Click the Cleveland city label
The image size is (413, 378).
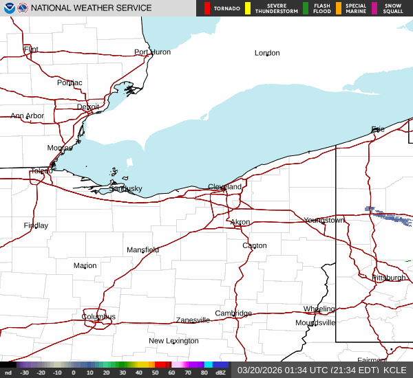(x=225, y=187)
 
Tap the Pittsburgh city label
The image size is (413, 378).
(x=389, y=278)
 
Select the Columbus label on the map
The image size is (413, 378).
(x=98, y=317)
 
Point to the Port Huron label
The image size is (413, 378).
(x=152, y=52)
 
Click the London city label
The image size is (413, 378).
(x=267, y=53)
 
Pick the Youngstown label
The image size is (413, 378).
(x=324, y=221)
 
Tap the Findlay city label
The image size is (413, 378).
(x=36, y=225)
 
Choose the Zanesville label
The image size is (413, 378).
(x=193, y=320)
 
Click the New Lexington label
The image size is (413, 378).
(x=173, y=341)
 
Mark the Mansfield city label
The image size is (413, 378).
(x=142, y=250)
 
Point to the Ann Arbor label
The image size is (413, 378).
(x=27, y=116)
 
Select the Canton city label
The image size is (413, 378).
(x=254, y=245)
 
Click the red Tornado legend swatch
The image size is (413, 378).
(x=207, y=8)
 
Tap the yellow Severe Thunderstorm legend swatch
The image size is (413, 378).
(x=248, y=8)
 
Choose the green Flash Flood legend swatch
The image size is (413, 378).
(x=306, y=8)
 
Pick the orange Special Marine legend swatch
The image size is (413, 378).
(x=338, y=8)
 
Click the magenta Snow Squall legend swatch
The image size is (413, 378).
(x=374, y=8)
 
